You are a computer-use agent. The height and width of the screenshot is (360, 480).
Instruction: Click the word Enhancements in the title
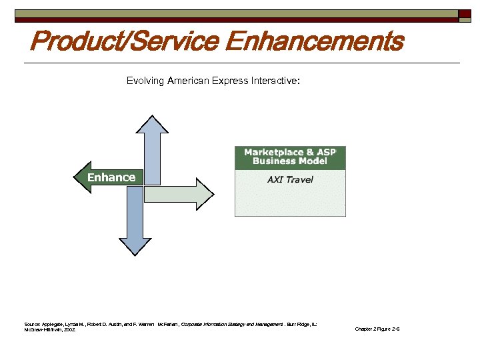point(315,41)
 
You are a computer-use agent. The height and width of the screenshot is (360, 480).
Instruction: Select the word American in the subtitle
point(188,81)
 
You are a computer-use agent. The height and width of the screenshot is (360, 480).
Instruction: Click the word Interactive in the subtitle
point(274,81)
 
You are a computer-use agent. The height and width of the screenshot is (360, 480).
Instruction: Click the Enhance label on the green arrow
point(111,177)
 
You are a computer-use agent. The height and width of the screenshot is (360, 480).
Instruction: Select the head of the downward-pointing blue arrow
point(134,246)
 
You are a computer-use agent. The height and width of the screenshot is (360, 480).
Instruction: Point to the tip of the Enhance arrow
point(75,177)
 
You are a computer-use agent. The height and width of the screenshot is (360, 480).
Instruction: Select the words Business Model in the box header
point(290,161)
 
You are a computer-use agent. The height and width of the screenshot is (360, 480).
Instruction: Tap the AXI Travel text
point(290,179)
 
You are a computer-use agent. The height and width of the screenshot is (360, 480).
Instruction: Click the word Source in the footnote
point(32,324)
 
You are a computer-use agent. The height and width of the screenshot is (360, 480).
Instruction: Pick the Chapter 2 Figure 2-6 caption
point(377,329)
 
